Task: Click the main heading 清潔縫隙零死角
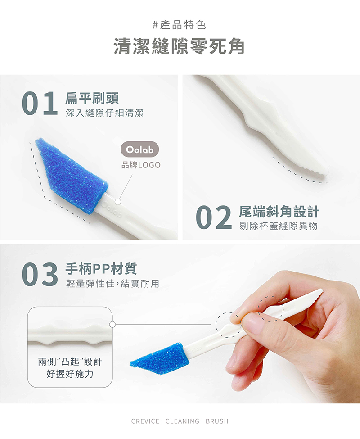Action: pos(179,46)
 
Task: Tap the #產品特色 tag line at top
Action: pos(179,25)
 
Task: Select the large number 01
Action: pos(40,103)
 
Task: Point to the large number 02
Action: pos(214,217)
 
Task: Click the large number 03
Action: pos(40,274)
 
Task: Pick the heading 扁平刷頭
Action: pos(92,98)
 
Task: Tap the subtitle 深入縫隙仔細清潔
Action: pos(104,113)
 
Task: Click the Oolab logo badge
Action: pos(140,149)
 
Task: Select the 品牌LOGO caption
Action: pos(141,165)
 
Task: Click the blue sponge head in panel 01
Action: pos(72,175)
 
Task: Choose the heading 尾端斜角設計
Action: pos(279,212)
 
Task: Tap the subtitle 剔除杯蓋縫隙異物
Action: pos(279,226)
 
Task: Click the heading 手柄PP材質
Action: pos(101,269)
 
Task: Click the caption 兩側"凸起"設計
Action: pos(70,362)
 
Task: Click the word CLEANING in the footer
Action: pos(182,421)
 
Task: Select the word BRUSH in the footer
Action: pos(217,421)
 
